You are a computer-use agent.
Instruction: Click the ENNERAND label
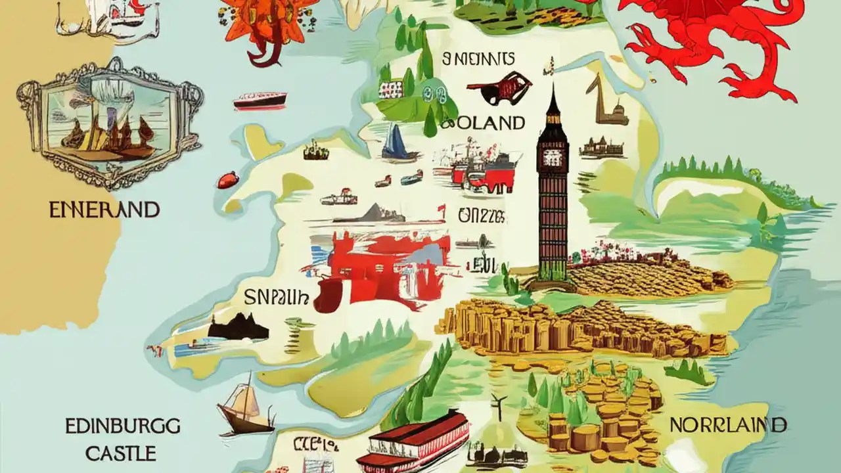click(x=104, y=210)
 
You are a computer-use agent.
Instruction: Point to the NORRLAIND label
click(x=728, y=425)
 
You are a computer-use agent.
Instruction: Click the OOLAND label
click(x=483, y=123)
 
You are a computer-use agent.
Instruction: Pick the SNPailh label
click(x=276, y=298)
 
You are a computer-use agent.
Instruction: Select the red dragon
click(x=716, y=39)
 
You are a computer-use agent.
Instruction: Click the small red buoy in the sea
click(x=227, y=179)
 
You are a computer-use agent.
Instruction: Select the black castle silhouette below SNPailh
click(x=238, y=327)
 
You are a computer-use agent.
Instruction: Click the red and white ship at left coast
click(x=260, y=100)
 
